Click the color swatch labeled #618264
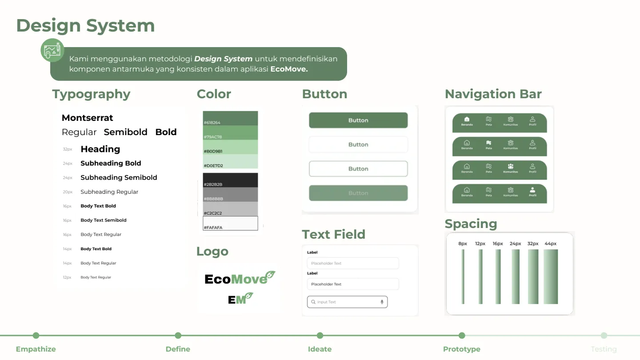coord(230,118)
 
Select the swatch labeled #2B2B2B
coord(230,180)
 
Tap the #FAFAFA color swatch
coord(230,223)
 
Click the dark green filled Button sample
coord(358,120)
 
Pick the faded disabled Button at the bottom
coord(358,193)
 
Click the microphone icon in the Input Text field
coord(382,302)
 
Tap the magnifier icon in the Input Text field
coord(313,302)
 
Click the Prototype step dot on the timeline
coord(462,336)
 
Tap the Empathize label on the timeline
coord(36,349)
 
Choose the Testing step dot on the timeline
coord(604,336)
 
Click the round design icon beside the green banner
coord(52,50)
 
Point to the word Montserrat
coord(88,118)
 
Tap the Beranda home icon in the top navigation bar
coord(467,119)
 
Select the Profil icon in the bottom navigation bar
coord(532,190)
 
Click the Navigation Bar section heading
coord(493,94)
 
